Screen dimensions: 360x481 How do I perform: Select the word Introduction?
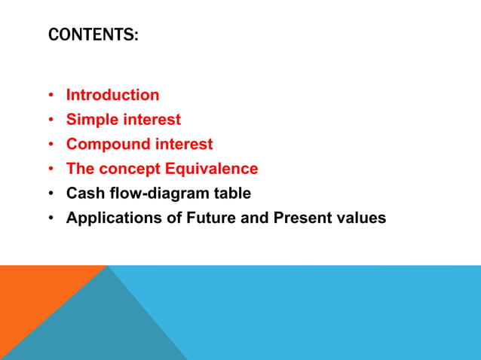tap(112, 95)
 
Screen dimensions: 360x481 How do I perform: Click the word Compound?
tap(103, 144)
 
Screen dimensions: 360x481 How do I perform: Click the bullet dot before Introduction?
tap(51, 96)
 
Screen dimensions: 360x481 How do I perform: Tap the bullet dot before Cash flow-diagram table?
tap(51, 194)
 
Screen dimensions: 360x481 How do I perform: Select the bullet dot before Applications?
tap(51, 218)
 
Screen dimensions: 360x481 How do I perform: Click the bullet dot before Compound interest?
tap(51, 145)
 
